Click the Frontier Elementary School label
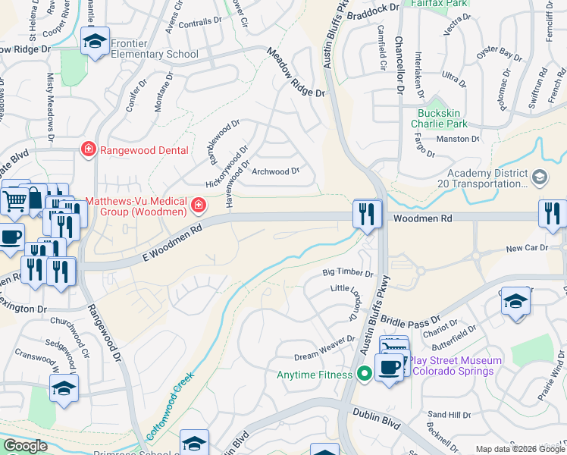tap(155, 49)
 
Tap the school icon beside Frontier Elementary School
tap(95, 42)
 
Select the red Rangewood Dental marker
tap(89, 149)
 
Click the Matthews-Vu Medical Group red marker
tap(199, 205)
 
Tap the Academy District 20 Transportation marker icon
tap(539, 177)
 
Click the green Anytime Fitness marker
tap(365, 374)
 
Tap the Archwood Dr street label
tap(276, 171)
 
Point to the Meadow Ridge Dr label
tap(295, 72)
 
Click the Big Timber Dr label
tap(348, 272)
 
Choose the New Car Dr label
tap(525, 248)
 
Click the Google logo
tap(25, 446)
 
